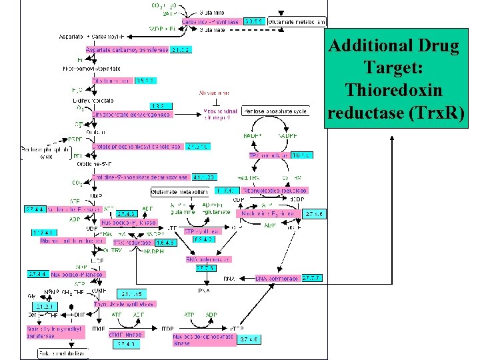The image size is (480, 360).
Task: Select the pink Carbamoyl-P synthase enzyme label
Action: pos(211,22)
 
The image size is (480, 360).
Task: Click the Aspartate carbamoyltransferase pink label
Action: pos(127,49)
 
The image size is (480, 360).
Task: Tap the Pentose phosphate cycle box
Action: pos(275,111)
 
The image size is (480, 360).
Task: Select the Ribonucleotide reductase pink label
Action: pos(275,191)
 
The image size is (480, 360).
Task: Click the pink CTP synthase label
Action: pos(198,231)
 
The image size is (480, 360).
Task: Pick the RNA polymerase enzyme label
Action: pos(208,259)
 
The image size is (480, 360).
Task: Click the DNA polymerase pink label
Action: pos(277,278)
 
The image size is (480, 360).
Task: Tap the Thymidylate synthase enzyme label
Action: pos(125,304)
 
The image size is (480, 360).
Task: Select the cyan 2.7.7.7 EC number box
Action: pos(312,277)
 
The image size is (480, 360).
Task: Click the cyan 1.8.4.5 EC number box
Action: pos(170,243)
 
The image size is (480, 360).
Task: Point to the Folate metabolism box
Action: pos(63,353)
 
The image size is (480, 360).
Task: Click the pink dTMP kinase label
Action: pos(126,335)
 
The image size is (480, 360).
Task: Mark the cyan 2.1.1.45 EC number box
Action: pos(133,293)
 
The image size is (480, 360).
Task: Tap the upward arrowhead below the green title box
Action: pos(391,137)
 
